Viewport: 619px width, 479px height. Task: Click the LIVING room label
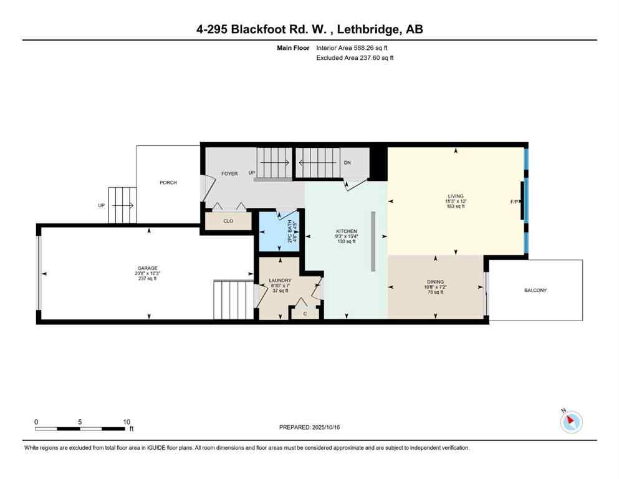click(455, 196)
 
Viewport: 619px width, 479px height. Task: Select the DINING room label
click(435, 281)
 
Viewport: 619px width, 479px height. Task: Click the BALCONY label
click(535, 290)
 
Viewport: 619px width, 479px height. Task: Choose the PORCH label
click(168, 183)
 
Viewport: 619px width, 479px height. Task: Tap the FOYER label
click(229, 173)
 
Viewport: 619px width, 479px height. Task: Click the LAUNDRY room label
click(280, 281)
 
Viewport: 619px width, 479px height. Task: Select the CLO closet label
click(228, 221)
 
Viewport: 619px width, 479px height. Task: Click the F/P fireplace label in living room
click(514, 202)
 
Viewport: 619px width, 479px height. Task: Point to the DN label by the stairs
click(347, 163)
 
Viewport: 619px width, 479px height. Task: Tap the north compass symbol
click(571, 422)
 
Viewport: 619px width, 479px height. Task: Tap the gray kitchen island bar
click(373, 241)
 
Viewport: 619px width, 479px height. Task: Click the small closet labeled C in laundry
click(305, 313)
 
